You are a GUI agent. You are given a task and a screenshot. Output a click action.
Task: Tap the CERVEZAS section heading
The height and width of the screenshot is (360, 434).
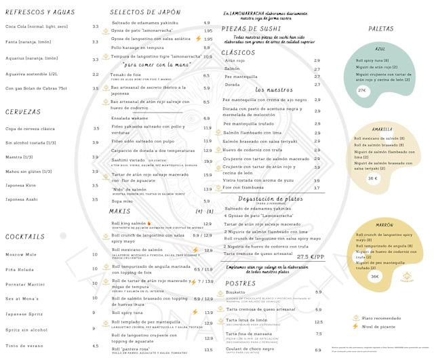[23, 112]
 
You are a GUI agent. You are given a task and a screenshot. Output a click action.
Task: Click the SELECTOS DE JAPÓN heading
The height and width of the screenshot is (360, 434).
[145, 12]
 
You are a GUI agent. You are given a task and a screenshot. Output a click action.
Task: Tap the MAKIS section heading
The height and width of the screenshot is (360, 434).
[120, 212]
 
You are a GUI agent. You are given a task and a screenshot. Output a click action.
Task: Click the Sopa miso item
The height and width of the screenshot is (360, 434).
[122, 201]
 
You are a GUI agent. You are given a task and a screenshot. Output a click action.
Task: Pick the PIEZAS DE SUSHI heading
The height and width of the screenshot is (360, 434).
[251, 29]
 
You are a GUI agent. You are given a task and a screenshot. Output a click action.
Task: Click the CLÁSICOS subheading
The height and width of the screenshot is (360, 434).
[238, 52]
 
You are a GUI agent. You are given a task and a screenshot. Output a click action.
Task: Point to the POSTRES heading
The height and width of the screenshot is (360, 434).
[240, 283]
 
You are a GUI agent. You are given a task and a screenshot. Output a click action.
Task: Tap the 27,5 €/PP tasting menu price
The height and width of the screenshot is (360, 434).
[311, 257]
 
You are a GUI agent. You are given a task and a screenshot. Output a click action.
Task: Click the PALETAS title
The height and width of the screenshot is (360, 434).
[381, 28]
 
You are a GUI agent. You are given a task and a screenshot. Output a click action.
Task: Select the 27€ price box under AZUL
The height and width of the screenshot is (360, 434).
[363, 90]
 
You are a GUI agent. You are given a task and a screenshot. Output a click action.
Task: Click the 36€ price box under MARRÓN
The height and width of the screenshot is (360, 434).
[374, 277]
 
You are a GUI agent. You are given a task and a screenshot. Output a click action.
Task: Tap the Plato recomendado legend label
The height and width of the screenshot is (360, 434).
[382, 317]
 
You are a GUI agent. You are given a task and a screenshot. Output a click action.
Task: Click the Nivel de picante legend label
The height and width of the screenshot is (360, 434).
[379, 327]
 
